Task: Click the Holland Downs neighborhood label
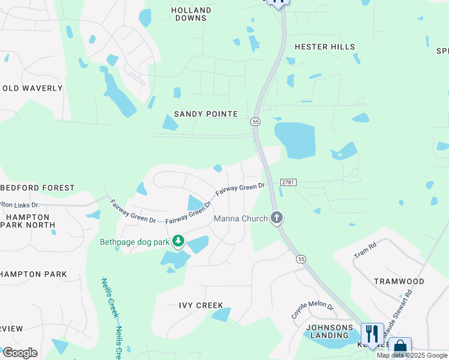[191, 14]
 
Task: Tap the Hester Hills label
[325, 47]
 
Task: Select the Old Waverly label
[32, 88]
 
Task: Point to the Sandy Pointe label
[206, 114]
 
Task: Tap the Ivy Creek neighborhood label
[201, 305]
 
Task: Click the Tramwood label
[399, 281]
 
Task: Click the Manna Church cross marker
[276, 217]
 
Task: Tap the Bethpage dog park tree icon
[178, 241]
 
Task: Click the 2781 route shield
[288, 182]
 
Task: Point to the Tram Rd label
[365, 250]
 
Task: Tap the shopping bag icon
[400, 347]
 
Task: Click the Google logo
[20, 353]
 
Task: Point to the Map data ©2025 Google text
[412, 356]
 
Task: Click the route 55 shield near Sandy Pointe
[256, 122]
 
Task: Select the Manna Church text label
[241, 218]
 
